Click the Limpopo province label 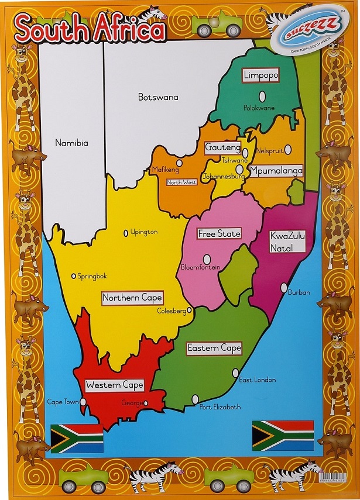[260, 75]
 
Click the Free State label [220, 233]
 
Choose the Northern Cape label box [132, 298]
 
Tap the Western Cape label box [114, 385]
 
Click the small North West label [181, 182]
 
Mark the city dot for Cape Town [83, 402]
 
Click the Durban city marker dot [284, 288]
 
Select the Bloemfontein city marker [207, 258]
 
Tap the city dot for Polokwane [262, 96]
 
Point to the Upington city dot [125, 233]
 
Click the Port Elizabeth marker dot [195, 399]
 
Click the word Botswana [158, 97]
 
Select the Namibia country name [71, 143]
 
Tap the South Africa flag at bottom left [77, 439]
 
